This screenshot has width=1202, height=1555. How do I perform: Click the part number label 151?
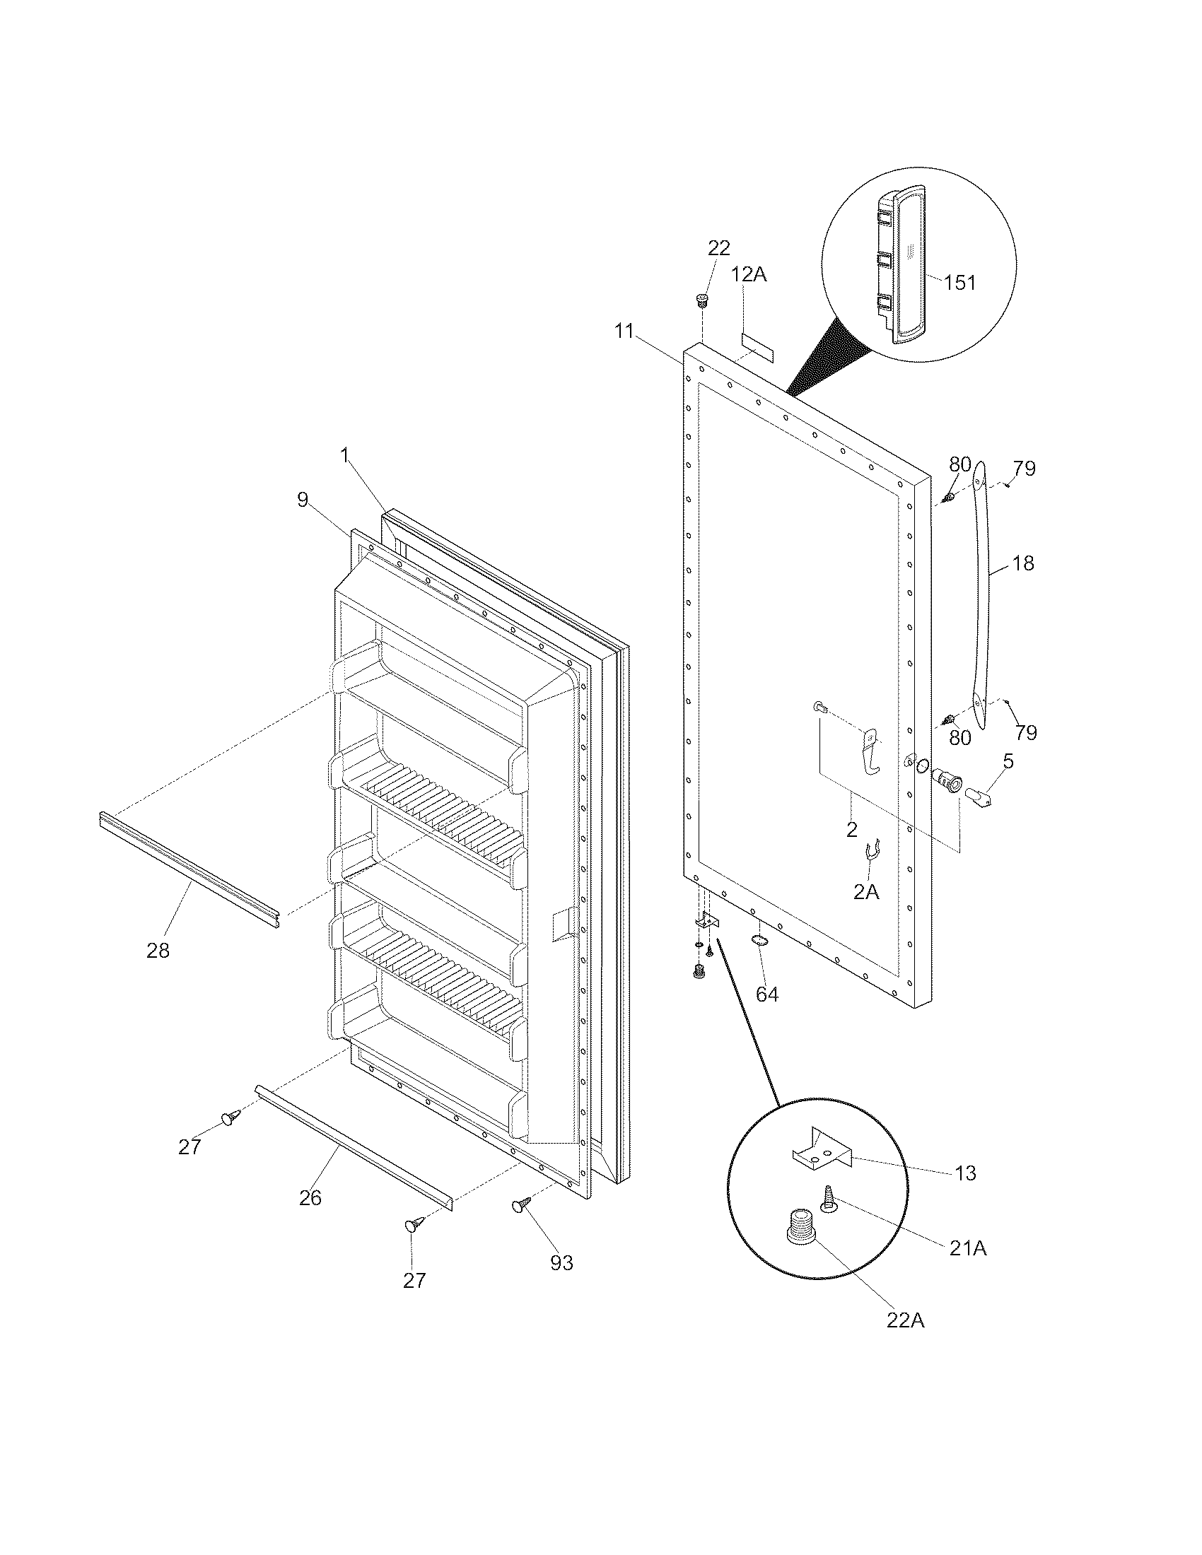(x=959, y=283)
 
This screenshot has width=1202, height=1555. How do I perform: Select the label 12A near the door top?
(x=749, y=274)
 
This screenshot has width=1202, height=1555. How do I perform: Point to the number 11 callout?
(x=624, y=331)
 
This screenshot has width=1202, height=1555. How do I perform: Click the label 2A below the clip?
(x=866, y=891)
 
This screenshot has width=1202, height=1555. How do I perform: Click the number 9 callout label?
(x=303, y=500)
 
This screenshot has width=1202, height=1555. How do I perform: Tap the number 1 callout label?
(x=344, y=456)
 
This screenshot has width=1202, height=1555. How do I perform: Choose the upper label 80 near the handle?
(x=959, y=464)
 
